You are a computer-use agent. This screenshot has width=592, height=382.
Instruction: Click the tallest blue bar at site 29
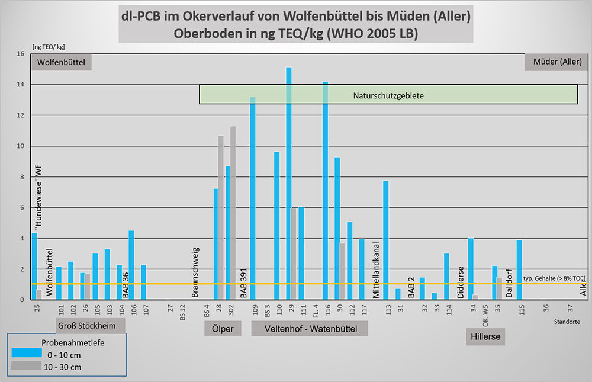(289, 184)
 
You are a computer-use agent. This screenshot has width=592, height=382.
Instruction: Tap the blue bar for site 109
(253, 198)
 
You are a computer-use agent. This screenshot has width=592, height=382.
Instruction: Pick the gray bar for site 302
(233, 213)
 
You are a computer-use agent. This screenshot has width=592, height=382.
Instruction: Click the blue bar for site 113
(386, 240)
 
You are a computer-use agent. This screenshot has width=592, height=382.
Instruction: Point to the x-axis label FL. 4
(313, 310)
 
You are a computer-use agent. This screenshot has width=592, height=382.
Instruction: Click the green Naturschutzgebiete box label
(388, 95)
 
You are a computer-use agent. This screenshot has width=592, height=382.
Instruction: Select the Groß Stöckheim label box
(91, 326)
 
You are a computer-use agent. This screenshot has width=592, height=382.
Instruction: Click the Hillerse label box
(485, 337)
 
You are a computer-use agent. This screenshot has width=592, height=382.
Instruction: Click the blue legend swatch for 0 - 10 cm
(26, 354)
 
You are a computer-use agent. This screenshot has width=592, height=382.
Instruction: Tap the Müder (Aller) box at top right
(557, 62)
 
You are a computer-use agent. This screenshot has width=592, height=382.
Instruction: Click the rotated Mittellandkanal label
(376, 269)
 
